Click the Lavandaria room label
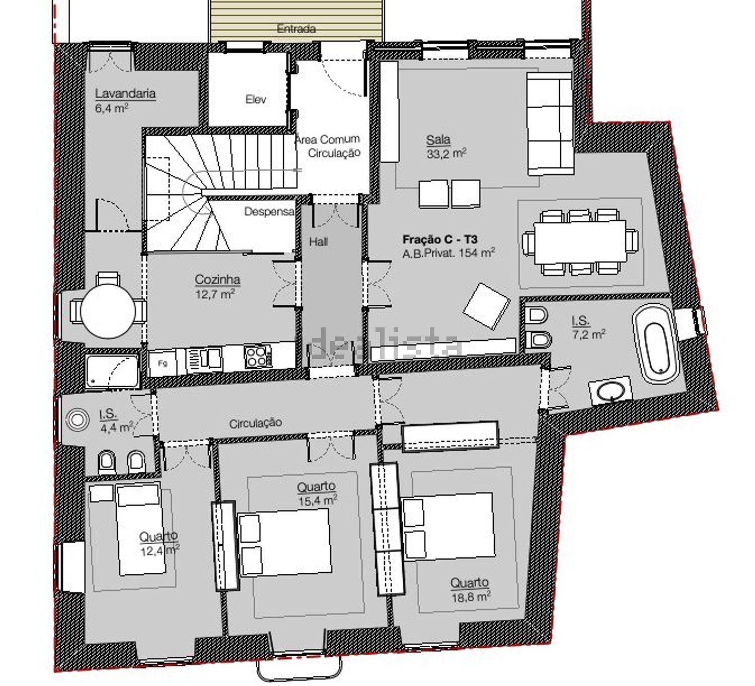point(125,93)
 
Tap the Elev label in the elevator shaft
point(256,99)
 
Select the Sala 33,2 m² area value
point(446,153)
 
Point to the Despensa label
point(269,211)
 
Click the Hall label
point(319,242)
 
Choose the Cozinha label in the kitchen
point(217,280)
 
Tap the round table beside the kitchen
point(108,311)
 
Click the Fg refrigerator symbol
point(163,363)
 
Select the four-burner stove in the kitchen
point(258,356)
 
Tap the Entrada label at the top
point(296,29)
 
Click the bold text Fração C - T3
point(440,239)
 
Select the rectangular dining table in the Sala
point(580,242)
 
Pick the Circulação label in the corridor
point(256,423)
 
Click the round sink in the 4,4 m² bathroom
point(77,419)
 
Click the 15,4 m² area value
point(317,500)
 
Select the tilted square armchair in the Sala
point(486,306)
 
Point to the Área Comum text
point(327,139)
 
